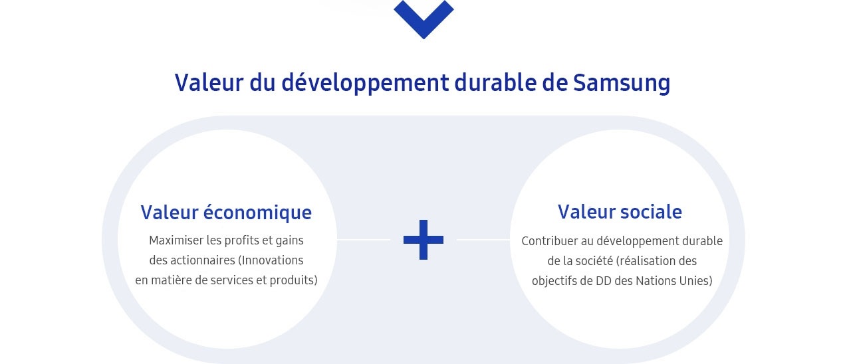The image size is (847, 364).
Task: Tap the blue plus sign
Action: click(x=423, y=240)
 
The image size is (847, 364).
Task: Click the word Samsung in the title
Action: click(x=622, y=83)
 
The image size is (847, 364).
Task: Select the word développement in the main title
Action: click(x=365, y=83)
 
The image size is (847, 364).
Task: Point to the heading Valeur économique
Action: click(x=226, y=213)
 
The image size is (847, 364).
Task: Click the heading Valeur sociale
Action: click(x=620, y=211)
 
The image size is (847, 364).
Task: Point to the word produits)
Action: click(x=293, y=280)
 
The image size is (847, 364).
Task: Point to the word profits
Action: click(x=241, y=240)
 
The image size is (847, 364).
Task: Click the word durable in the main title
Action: click(x=495, y=83)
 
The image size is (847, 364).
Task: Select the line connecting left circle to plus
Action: click(x=364, y=240)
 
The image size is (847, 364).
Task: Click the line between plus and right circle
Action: click(x=483, y=240)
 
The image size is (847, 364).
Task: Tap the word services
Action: click(x=232, y=280)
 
